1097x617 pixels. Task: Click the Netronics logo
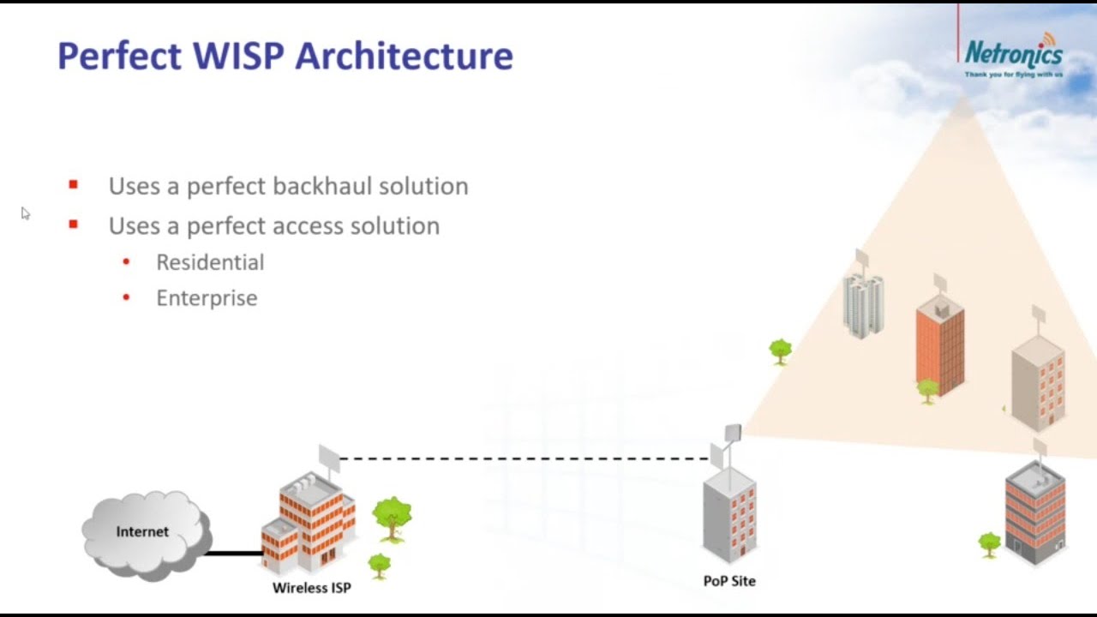(x=1014, y=55)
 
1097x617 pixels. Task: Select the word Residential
(x=210, y=262)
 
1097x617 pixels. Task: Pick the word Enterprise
(x=207, y=298)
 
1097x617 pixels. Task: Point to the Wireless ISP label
(x=312, y=588)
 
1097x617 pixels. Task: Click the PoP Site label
(x=729, y=581)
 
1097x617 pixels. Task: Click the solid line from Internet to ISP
(x=233, y=553)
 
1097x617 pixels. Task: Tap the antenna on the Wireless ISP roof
(x=330, y=458)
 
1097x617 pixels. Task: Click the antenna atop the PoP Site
(x=731, y=435)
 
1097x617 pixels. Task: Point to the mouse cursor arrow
(x=25, y=213)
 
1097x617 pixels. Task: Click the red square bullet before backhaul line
(x=73, y=184)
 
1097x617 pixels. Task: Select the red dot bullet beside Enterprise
(x=126, y=298)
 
